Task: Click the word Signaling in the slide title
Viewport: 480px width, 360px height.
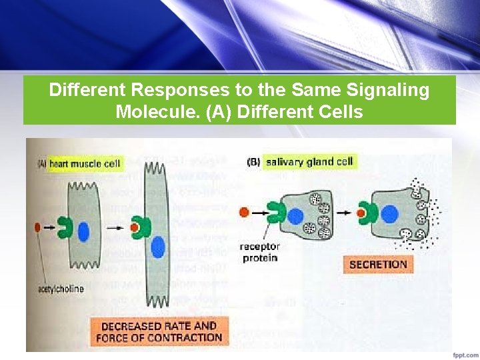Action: pos(383,91)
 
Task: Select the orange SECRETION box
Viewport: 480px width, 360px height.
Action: pos(378,264)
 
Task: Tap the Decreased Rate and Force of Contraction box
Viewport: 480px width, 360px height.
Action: pos(159,331)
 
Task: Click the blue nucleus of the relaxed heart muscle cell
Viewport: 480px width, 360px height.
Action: pos(84,231)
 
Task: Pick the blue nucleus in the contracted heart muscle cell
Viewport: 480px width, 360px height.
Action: pos(157,247)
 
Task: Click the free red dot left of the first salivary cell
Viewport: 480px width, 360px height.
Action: pos(246,212)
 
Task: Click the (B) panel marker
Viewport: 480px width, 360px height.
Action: pos(254,162)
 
